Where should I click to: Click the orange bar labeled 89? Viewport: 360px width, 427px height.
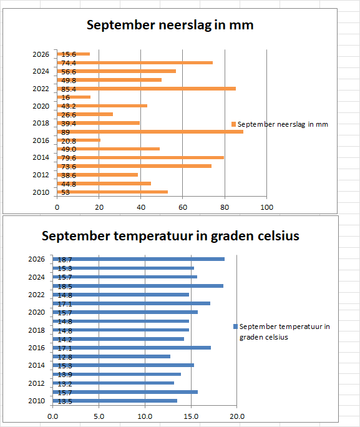point(150,132)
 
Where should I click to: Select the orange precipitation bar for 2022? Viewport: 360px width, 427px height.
point(147,89)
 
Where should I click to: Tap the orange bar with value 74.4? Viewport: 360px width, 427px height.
point(135,63)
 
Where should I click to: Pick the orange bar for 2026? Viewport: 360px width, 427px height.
point(74,54)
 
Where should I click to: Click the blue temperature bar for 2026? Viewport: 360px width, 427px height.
point(139,259)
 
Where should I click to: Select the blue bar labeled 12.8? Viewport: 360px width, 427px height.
point(111,356)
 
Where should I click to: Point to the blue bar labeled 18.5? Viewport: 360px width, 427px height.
point(138,286)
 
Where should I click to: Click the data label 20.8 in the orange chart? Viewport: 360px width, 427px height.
point(69,141)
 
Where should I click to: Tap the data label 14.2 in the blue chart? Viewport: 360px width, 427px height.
point(65,340)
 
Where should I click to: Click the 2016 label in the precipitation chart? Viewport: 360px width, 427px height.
point(41,140)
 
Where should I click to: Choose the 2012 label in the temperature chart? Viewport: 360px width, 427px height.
point(36,383)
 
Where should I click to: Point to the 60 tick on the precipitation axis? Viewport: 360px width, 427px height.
point(183,207)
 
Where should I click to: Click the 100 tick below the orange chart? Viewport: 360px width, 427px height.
point(266,207)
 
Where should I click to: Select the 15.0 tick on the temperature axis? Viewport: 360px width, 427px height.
point(191,416)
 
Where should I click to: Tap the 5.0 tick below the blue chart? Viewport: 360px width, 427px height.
point(99,416)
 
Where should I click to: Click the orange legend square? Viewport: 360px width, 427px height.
point(233,124)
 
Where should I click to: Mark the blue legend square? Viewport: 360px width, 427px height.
point(235,326)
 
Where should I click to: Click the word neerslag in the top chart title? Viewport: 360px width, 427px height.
point(185,26)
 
